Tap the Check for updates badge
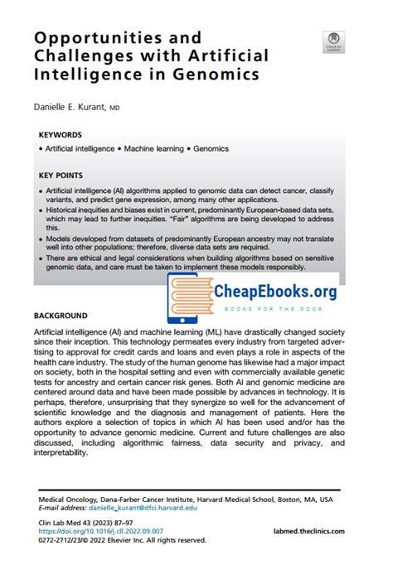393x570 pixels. click(x=333, y=41)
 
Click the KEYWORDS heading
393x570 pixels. click(x=60, y=133)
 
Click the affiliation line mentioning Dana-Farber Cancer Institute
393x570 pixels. click(x=186, y=500)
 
